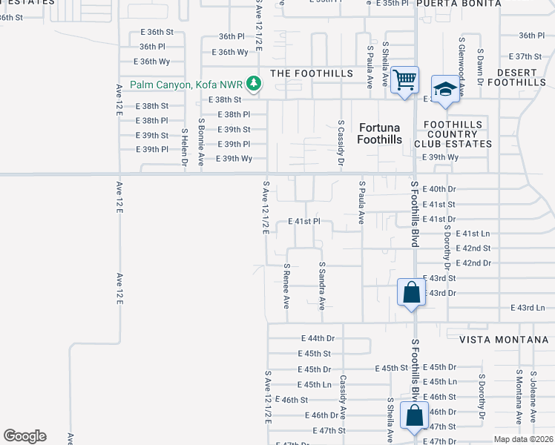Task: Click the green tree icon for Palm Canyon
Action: [x=254, y=84]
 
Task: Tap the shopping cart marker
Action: [x=404, y=79]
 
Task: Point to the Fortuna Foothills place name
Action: [x=379, y=133]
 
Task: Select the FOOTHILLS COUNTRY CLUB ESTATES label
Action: [x=457, y=133]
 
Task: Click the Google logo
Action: [x=24, y=435]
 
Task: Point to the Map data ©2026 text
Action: [x=524, y=439]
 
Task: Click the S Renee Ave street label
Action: [x=286, y=286]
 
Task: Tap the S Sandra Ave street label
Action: [x=322, y=286]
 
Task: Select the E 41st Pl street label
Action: [x=303, y=222]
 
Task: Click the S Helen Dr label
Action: [x=185, y=145]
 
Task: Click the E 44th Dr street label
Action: [x=321, y=338]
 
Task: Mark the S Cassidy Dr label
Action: [x=341, y=142]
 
